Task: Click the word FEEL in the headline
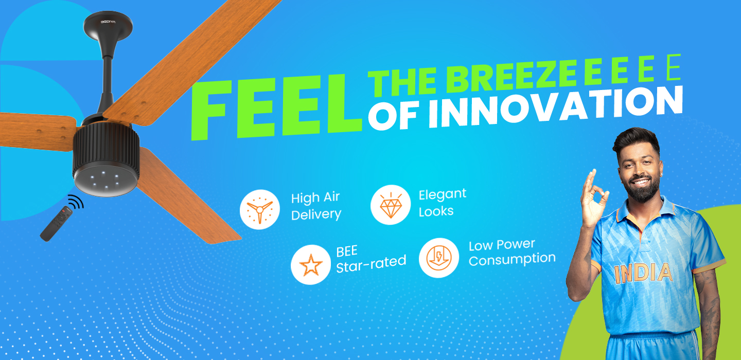click(x=276, y=107)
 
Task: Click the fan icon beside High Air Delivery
click(x=260, y=210)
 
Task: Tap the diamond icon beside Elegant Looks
click(x=391, y=205)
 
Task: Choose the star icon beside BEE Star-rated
click(x=311, y=265)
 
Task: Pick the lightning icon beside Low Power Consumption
click(x=439, y=258)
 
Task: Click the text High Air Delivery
click(x=316, y=206)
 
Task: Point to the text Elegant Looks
click(x=443, y=203)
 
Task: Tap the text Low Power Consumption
click(x=511, y=252)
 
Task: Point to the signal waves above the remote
click(x=76, y=202)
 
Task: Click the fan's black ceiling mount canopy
click(x=108, y=25)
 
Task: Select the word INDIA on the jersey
click(x=643, y=273)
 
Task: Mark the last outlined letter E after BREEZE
click(x=673, y=67)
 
